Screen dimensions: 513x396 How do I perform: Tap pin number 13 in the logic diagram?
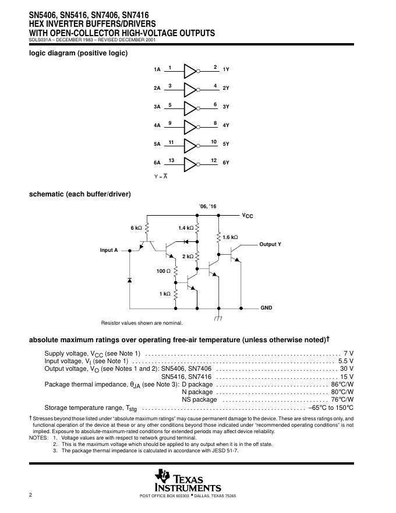(171, 160)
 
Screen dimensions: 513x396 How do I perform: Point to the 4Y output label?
(226, 125)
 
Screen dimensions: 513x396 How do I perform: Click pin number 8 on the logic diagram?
(215, 122)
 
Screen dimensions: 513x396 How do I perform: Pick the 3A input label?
(157, 107)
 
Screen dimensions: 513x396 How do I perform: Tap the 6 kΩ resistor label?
(136, 227)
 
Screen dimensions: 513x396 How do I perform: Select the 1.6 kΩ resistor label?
(231, 237)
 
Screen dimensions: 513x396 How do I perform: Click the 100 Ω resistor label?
(164, 271)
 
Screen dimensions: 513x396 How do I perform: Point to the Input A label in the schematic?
(109, 250)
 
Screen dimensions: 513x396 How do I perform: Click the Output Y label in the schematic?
(270, 244)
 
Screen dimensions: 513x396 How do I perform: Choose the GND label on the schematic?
(266, 307)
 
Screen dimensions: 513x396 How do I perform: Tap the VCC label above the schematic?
(248, 216)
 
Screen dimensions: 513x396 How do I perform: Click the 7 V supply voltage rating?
(348, 354)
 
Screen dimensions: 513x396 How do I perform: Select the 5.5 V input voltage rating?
(345, 361)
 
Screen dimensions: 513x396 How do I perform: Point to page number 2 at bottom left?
(30, 495)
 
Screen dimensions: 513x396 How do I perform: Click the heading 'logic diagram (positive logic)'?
(79, 53)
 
